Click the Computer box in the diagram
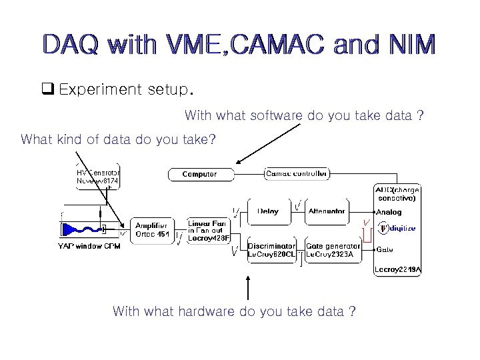(x=199, y=174)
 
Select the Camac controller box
(x=297, y=174)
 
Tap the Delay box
(x=268, y=211)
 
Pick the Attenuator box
(x=327, y=211)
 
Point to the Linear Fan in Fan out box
(x=209, y=231)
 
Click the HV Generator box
(x=98, y=175)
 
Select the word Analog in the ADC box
(x=389, y=211)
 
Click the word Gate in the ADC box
(x=385, y=249)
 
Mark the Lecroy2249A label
(x=399, y=269)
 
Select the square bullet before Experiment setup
(x=48, y=89)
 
